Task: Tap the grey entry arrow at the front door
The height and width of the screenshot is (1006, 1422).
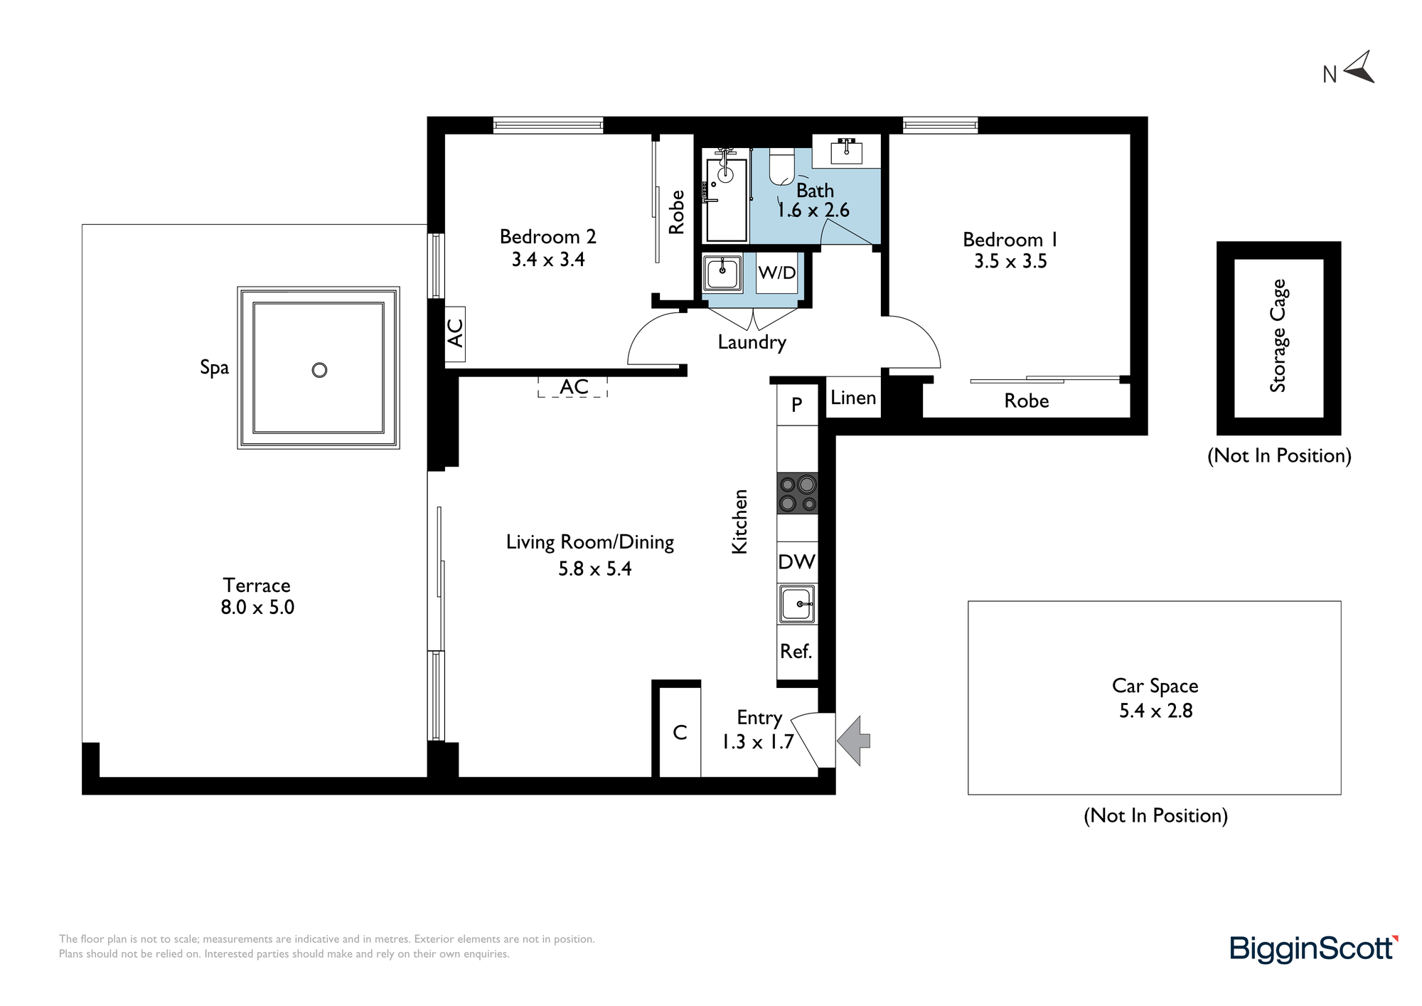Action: pos(853,741)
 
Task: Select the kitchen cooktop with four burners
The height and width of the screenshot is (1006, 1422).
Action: pos(797,493)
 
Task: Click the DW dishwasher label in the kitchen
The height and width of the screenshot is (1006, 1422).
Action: pos(796,562)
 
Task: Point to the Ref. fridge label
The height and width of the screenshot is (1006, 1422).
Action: pos(796,651)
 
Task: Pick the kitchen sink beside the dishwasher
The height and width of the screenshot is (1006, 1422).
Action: pos(797,604)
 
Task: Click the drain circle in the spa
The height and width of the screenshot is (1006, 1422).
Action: pos(320,370)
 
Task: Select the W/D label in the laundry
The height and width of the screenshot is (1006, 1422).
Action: pos(776,272)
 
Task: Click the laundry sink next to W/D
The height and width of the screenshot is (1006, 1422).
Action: pos(722,272)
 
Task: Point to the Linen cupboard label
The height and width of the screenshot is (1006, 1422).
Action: pos(853,398)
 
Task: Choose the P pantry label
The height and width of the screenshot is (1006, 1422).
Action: pos(797,405)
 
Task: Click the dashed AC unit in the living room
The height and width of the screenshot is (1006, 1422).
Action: pos(573,386)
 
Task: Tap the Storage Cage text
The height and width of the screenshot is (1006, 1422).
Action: pos(1278,336)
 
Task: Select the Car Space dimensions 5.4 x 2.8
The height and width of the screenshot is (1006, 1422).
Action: pos(1155,711)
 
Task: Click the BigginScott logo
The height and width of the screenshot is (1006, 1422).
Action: pos(1314,948)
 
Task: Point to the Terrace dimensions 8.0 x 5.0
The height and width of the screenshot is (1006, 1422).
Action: pos(257,608)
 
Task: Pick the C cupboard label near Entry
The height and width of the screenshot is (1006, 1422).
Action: pos(680,733)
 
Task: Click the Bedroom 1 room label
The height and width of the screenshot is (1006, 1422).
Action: pos(1010,240)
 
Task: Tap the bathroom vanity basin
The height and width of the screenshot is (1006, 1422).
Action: pos(846,152)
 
